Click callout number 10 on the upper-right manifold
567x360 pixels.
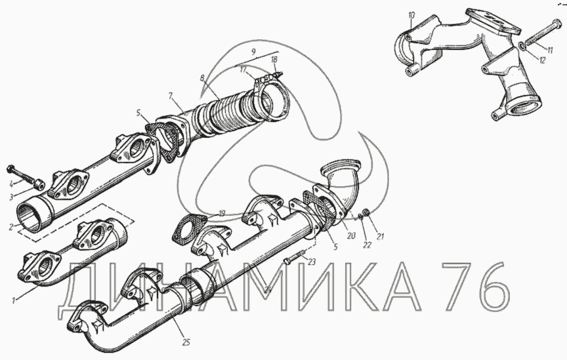tap(412, 15)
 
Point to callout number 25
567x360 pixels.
tap(186, 342)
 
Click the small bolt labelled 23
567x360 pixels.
tap(295, 256)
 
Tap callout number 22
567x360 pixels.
tap(367, 245)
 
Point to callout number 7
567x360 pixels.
tap(171, 96)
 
